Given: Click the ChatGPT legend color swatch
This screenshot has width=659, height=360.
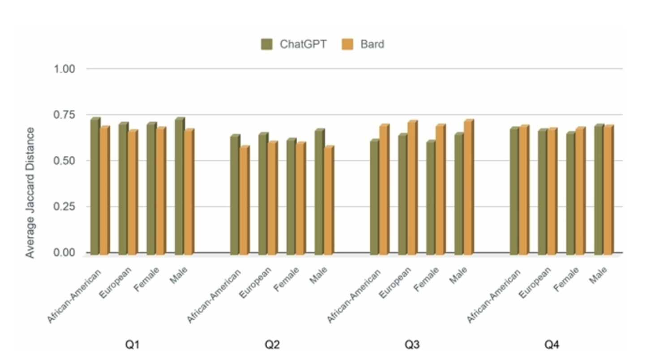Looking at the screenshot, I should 267,45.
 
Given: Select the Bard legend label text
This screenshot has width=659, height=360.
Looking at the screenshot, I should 372,45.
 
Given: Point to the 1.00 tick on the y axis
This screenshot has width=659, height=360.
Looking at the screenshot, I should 65,69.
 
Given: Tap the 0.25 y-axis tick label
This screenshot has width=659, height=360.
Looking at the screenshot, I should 65,207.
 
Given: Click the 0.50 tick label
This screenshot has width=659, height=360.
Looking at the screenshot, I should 65,161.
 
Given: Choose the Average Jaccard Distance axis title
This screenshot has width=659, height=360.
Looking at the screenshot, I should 30,193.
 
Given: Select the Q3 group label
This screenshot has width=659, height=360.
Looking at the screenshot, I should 412,345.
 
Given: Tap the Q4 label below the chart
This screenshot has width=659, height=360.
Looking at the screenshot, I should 552,345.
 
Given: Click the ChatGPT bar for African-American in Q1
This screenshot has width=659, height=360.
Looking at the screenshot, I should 95,187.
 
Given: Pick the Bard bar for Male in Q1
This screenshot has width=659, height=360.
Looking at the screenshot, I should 188,193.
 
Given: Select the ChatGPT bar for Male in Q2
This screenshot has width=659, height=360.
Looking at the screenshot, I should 319,193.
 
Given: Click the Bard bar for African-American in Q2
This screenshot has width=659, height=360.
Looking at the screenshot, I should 244,201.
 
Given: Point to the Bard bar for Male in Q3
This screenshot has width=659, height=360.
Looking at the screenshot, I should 468,188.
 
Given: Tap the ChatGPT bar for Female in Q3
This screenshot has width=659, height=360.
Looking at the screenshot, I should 431,198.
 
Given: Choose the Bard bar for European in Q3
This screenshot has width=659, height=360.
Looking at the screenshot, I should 412,188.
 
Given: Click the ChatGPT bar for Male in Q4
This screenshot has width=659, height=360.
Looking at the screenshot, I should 599,190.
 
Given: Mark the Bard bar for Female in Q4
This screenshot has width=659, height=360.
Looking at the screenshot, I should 580,192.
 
